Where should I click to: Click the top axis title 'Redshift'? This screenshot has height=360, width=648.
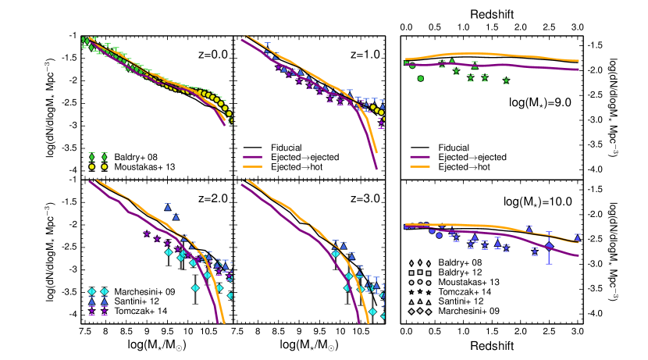coord(491,15)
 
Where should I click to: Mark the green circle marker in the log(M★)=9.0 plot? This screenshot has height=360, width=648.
coord(422,78)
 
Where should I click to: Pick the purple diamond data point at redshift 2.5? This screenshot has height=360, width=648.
coord(549,246)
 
